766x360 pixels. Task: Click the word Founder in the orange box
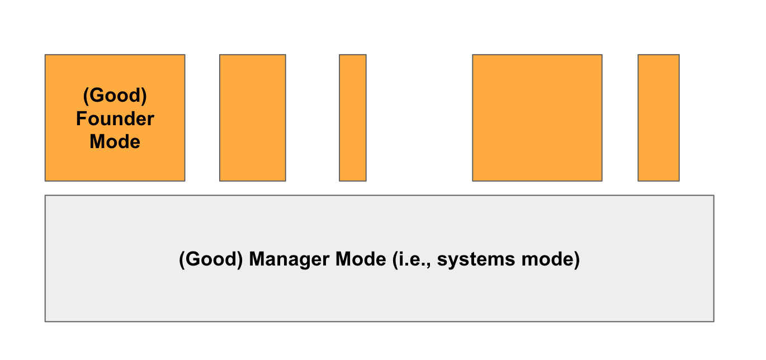click(115, 119)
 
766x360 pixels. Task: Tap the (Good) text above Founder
click(115, 96)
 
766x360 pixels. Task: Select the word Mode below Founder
click(115, 141)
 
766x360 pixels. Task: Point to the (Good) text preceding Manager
click(211, 260)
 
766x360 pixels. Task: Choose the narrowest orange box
click(353, 118)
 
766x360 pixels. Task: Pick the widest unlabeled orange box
click(537, 118)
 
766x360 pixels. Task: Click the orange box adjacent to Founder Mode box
click(252, 118)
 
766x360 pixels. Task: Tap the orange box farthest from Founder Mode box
click(658, 118)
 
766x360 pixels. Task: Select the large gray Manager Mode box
click(379, 296)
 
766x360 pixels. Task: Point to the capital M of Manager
click(257, 259)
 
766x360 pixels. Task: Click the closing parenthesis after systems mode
click(577, 260)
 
